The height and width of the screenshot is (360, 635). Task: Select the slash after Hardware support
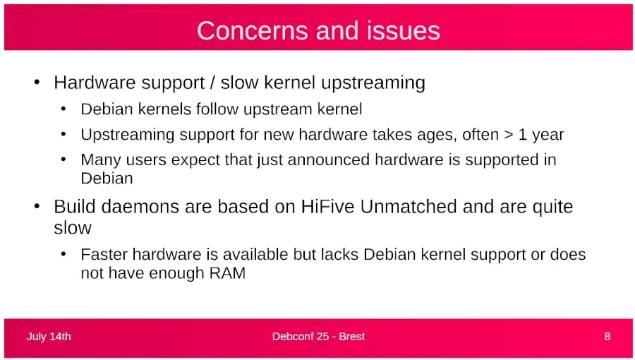(x=212, y=83)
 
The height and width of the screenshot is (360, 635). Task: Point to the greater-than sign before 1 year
(x=509, y=135)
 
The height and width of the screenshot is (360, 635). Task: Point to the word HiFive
(x=327, y=207)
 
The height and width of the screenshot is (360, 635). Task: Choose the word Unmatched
(x=409, y=207)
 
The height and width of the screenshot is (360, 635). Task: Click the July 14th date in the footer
(x=49, y=337)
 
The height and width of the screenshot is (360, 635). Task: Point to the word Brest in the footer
(x=352, y=337)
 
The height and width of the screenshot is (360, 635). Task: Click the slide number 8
(x=607, y=337)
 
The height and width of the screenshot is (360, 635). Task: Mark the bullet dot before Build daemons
(x=37, y=206)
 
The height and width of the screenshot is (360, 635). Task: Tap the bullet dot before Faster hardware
(x=64, y=254)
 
